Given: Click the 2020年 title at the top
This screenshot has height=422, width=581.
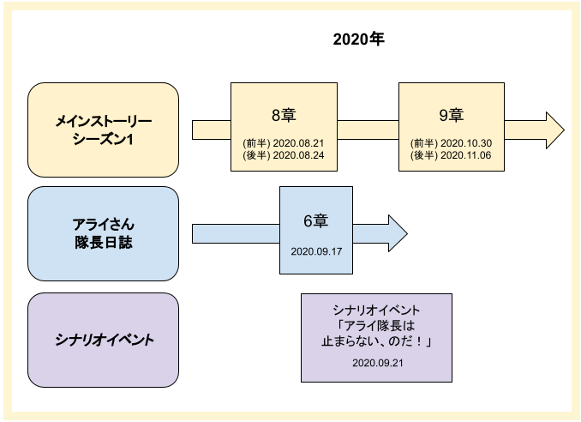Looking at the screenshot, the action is pyautogui.click(x=358, y=39).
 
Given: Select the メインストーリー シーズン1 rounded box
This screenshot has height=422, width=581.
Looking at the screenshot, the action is pyautogui.click(x=104, y=130).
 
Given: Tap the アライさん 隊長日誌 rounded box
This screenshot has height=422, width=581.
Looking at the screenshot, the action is pyautogui.click(x=104, y=233).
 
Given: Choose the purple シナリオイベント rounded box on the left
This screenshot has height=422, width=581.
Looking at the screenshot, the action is pyautogui.click(x=104, y=340).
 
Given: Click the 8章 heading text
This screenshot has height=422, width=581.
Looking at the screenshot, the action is pyautogui.click(x=284, y=115).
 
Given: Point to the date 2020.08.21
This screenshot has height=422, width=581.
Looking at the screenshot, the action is pyautogui.click(x=298, y=143).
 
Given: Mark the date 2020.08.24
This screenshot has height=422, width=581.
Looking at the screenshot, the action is pyautogui.click(x=298, y=155).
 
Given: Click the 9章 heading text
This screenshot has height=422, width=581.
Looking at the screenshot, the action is pyautogui.click(x=452, y=115).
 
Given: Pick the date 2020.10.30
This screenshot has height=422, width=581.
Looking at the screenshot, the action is pyautogui.click(x=466, y=143).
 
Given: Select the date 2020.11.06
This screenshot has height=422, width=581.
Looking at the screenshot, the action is pyautogui.click(x=466, y=155).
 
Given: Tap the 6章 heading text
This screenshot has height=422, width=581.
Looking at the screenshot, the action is pyautogui.click(x=316, y=221).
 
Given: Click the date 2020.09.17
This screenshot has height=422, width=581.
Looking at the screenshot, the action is pyautogui.click(x=316, y=251).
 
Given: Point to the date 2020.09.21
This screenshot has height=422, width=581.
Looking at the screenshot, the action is pyautogui.click(x=378, y=363).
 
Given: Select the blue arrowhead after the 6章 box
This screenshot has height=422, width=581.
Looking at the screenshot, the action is pyautogui.click(x=398, y=233).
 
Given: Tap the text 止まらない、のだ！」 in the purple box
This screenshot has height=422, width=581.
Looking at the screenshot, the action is pyautogui.click(x=377, y=341).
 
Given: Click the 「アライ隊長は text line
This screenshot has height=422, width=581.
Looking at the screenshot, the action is pyautogui.click(x=374, y=326).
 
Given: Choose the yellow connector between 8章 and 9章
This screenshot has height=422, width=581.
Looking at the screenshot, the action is pyautogui.click(x=368, y=130).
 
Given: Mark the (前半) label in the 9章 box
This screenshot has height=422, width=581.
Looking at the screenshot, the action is pyautogui.click(x=424, y=143).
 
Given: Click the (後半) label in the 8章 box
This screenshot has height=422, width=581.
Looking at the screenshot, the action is pyautogui.click(x=256, y=155).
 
